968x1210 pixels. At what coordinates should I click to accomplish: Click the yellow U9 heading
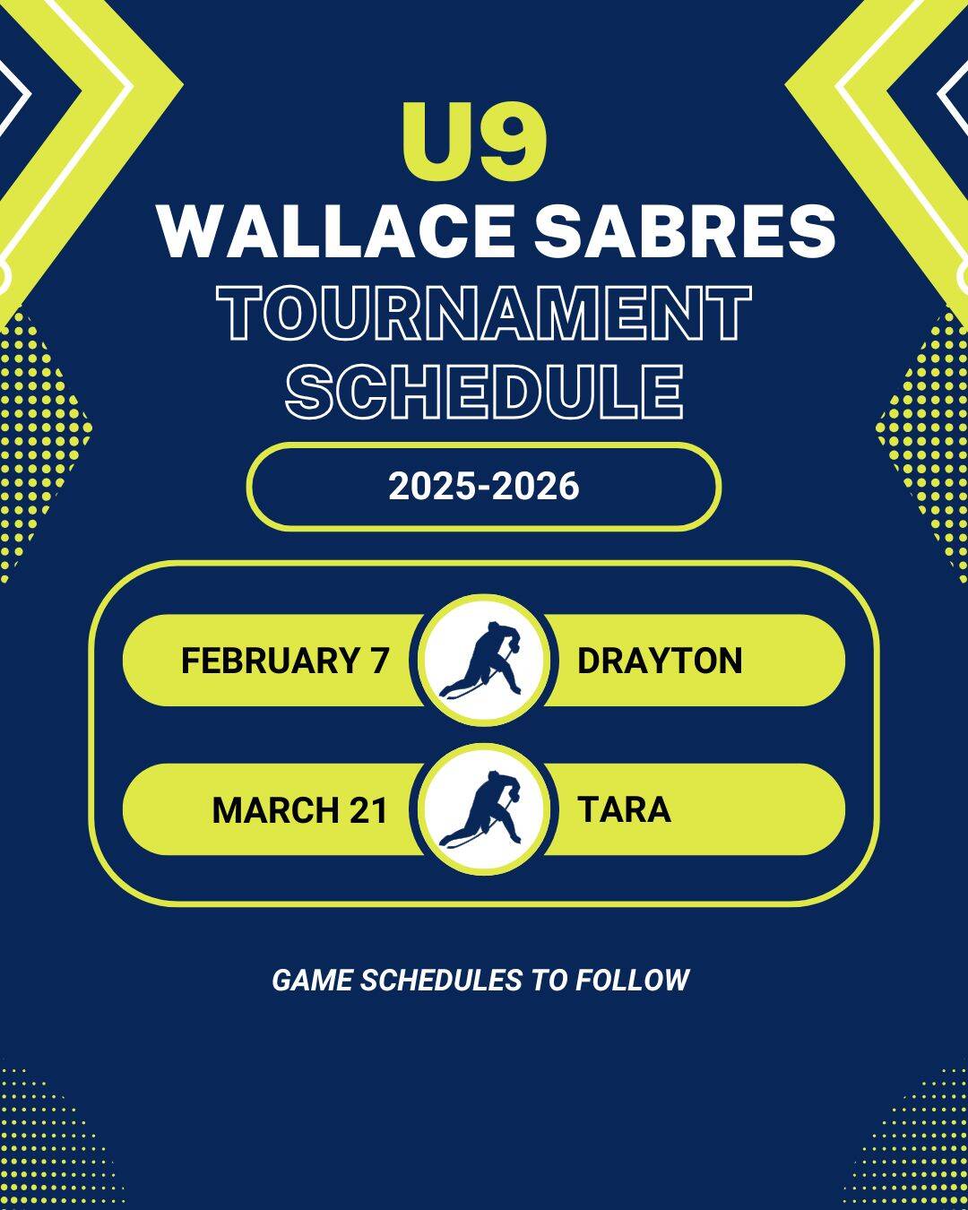pos(475,142)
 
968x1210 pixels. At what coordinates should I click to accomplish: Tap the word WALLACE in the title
pos(336,231)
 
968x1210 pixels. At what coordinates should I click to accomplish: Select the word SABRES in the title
pos(685,231)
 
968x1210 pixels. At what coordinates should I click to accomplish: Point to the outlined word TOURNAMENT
pos(484,313)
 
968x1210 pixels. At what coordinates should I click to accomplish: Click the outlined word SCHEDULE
pos(484,392)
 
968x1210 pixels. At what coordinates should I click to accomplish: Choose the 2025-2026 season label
pos(484,487)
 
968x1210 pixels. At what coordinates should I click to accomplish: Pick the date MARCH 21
pos(300,809)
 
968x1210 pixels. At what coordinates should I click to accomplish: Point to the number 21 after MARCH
pos(369,809)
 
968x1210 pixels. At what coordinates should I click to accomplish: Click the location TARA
pos(625,809)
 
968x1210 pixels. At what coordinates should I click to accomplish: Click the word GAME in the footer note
pos(313,981)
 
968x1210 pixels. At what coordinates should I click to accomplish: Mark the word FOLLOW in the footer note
pos(632,981)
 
